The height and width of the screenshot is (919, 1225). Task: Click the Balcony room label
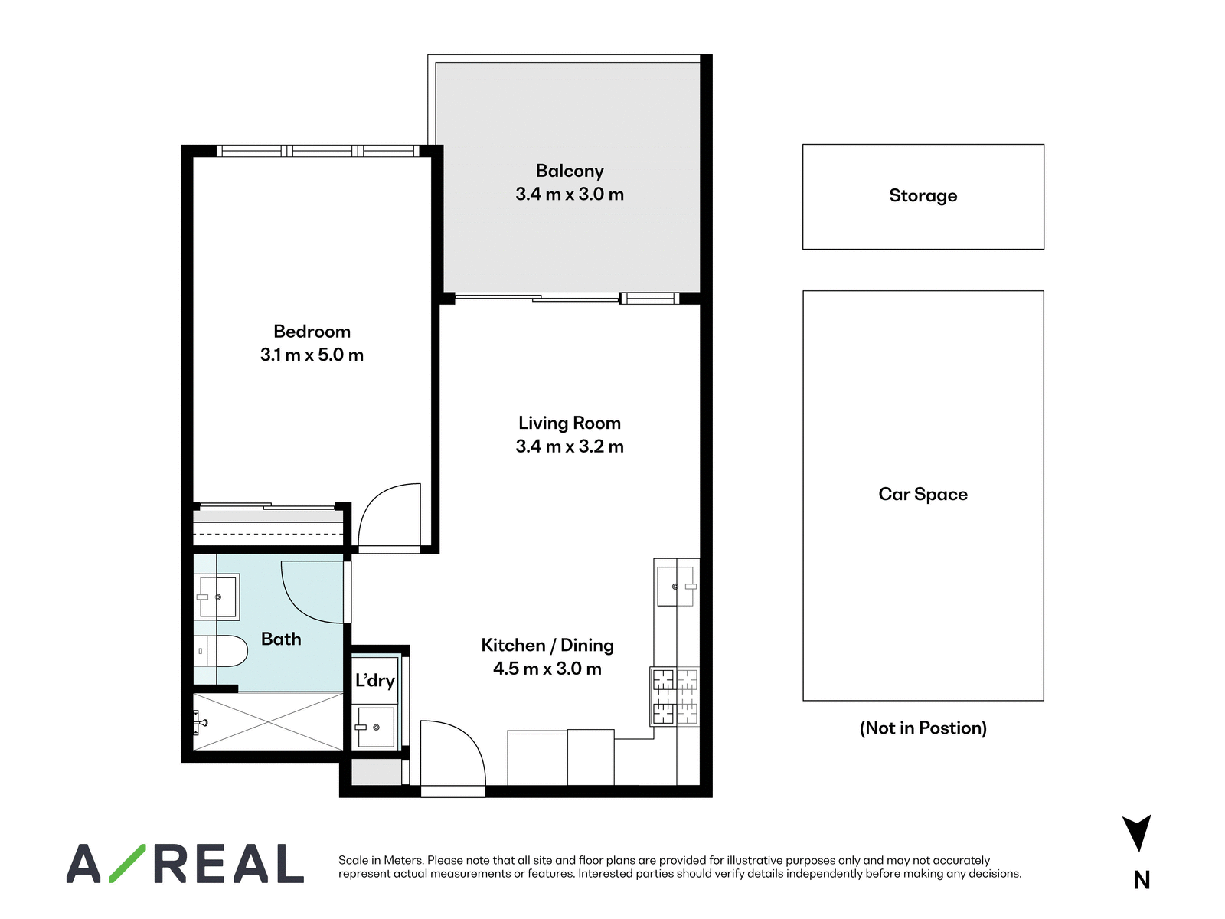tap(570, 171)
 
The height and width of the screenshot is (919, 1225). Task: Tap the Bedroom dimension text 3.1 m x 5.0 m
tap(312, 355)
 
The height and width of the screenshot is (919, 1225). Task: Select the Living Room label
tap(570, 423)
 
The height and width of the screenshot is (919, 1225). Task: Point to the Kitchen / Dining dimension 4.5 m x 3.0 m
tap(547, 669)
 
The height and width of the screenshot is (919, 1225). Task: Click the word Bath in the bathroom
tap(281, 639)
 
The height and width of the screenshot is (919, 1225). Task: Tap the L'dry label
tap(375, 681)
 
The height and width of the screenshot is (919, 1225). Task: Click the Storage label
tap(923, 196)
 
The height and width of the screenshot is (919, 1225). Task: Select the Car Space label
tap(923, 495)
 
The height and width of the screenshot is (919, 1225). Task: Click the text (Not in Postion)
tap(923, 728)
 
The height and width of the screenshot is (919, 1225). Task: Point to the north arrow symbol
tap(1137, 832)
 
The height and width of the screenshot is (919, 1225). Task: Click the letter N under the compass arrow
tap(1142, 881)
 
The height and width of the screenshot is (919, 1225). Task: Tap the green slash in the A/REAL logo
tap(127, 863)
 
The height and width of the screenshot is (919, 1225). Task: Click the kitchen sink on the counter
tap(676, 587)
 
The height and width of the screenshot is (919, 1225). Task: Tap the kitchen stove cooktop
tap(675, 697)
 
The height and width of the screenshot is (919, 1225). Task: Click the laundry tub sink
tap(376, 727)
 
